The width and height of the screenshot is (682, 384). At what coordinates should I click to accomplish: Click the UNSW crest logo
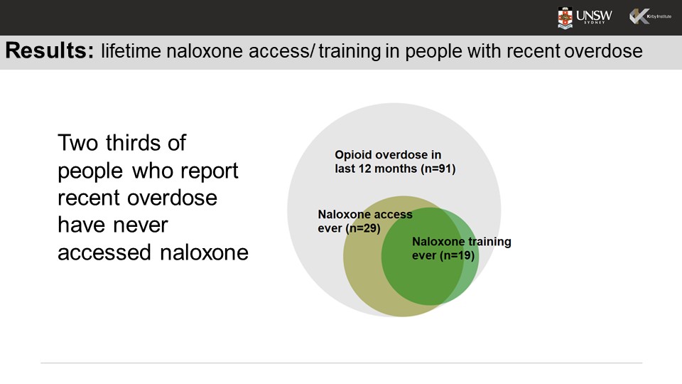(x=565, y=18)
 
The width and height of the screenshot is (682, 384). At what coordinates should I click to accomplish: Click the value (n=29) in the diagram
(x=363, y=228)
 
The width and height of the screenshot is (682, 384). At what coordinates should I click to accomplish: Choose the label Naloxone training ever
(x=461, y=248)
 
